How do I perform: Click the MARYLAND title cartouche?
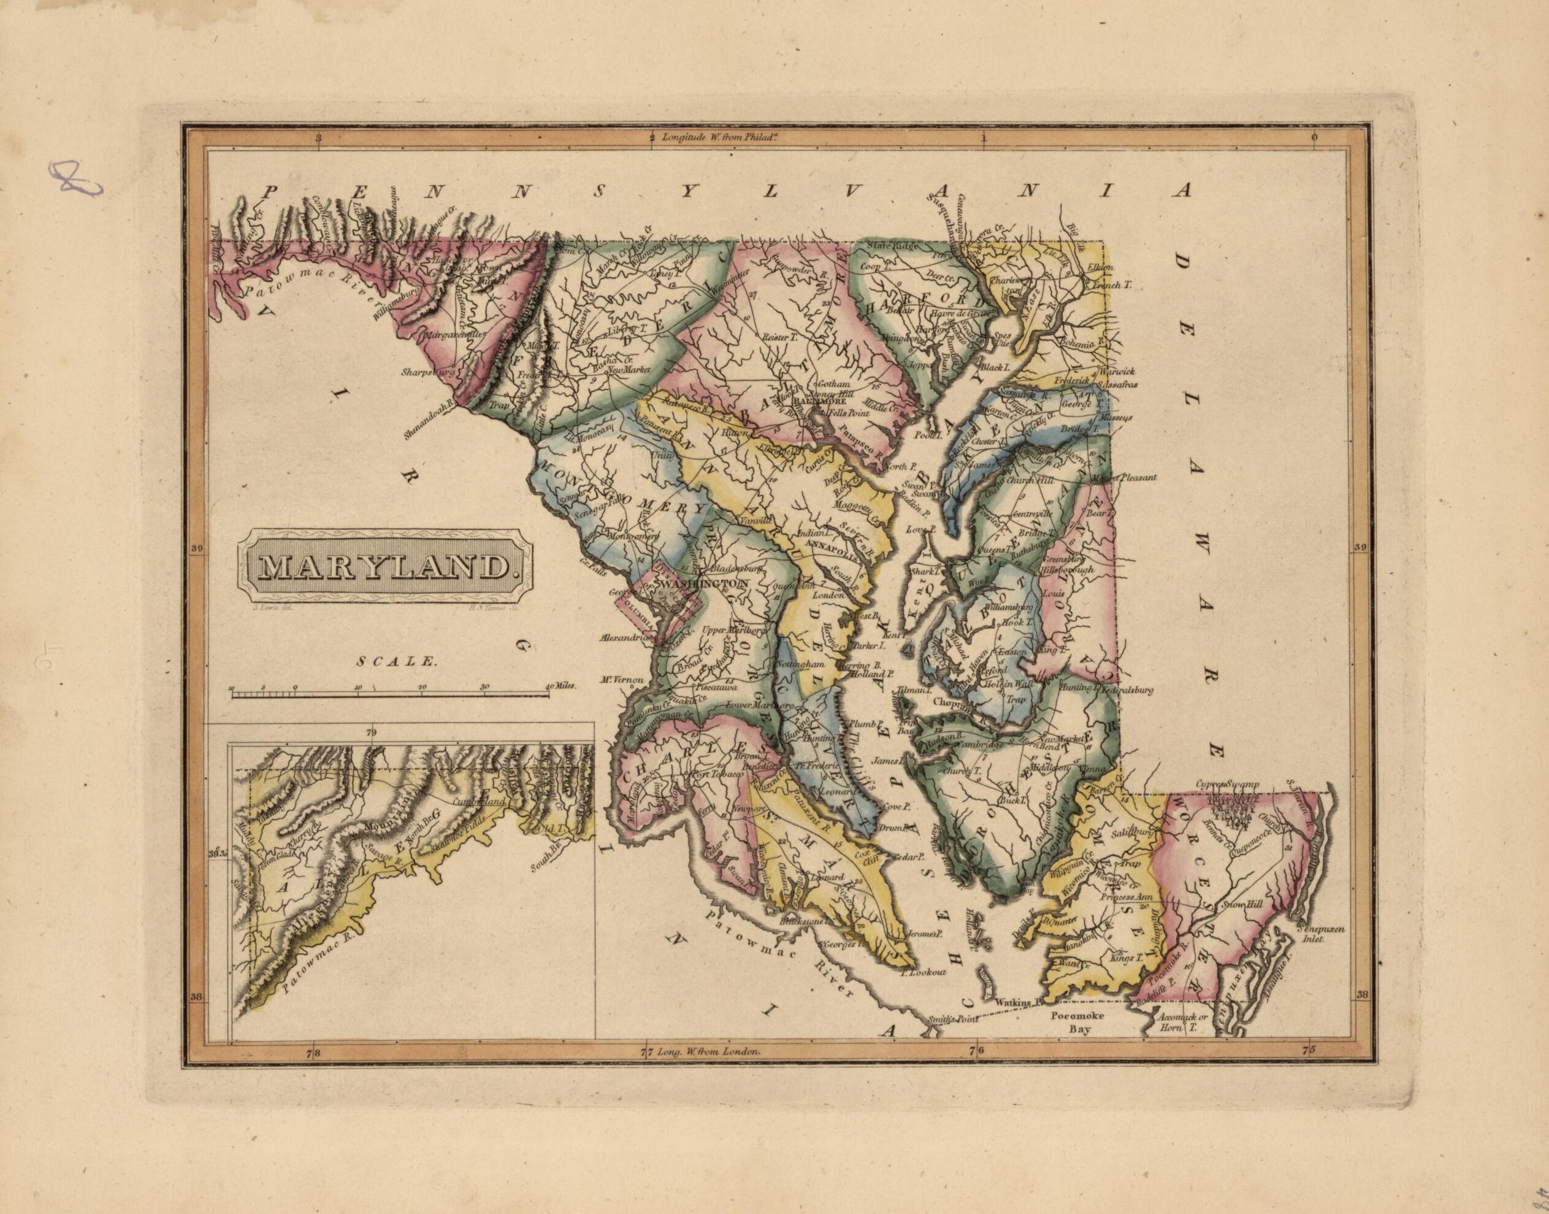384,566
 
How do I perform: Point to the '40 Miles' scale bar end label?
562,687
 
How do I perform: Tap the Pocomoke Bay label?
1078,1021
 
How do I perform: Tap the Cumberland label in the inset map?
483,801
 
